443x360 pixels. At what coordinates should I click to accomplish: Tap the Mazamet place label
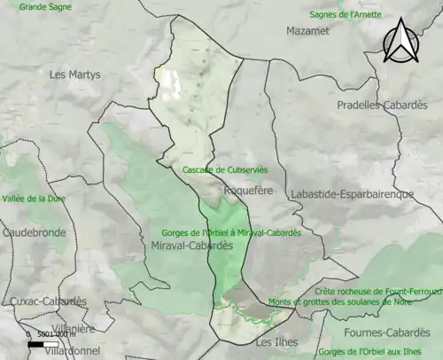coord(307,30)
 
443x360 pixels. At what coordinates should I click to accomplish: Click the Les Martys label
coord(75,74)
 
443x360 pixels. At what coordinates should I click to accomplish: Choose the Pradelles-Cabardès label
coord(382,105)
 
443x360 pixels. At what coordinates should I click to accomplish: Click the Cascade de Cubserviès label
coord(224,169)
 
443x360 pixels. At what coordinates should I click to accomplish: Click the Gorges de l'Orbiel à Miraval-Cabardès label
coord(232,232)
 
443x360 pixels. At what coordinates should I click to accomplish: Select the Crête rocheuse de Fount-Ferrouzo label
coord(378,291)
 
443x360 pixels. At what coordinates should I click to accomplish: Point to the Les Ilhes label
coord(276,341)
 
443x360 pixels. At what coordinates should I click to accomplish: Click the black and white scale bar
coord(43,344)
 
